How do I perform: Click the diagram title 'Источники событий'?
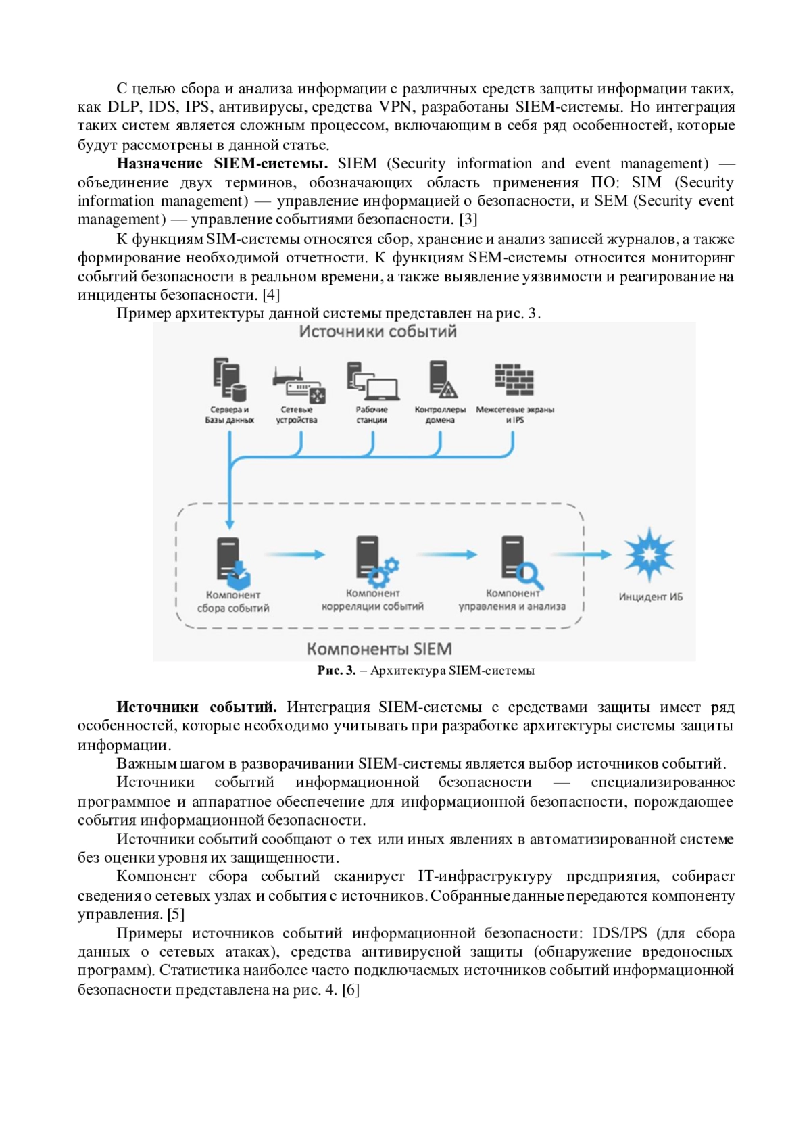(378, 332)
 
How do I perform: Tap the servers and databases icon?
(229, 380)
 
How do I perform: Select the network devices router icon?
(298, 385)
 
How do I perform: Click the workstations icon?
(371, 381)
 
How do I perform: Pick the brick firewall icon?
(514, 380)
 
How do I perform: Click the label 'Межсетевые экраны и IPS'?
(515, 414)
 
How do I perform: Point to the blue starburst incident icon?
(649, 554)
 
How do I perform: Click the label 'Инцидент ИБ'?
(651, 597)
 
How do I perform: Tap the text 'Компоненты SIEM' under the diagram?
(379, 649)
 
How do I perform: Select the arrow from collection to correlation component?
(295, 554)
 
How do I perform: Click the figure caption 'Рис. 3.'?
(337, 671)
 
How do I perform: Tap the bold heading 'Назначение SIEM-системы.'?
(222, 164)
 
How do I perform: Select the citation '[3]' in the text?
(468, 220)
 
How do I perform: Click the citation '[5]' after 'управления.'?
(176, 914)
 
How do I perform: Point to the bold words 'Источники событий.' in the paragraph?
(197, 707)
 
